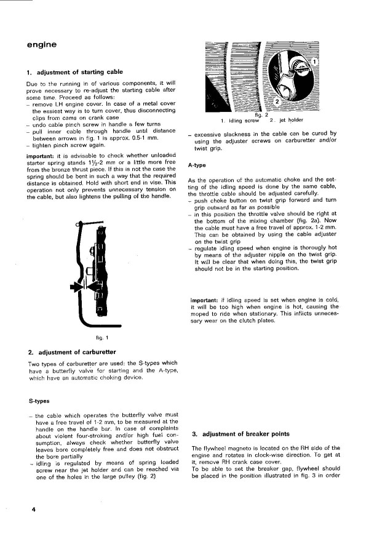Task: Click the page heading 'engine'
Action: (42, 44)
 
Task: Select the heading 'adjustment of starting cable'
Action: (75, 72)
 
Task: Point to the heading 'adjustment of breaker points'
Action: (240, 433)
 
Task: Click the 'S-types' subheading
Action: (39, 401)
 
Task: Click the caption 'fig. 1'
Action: (103, 337)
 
